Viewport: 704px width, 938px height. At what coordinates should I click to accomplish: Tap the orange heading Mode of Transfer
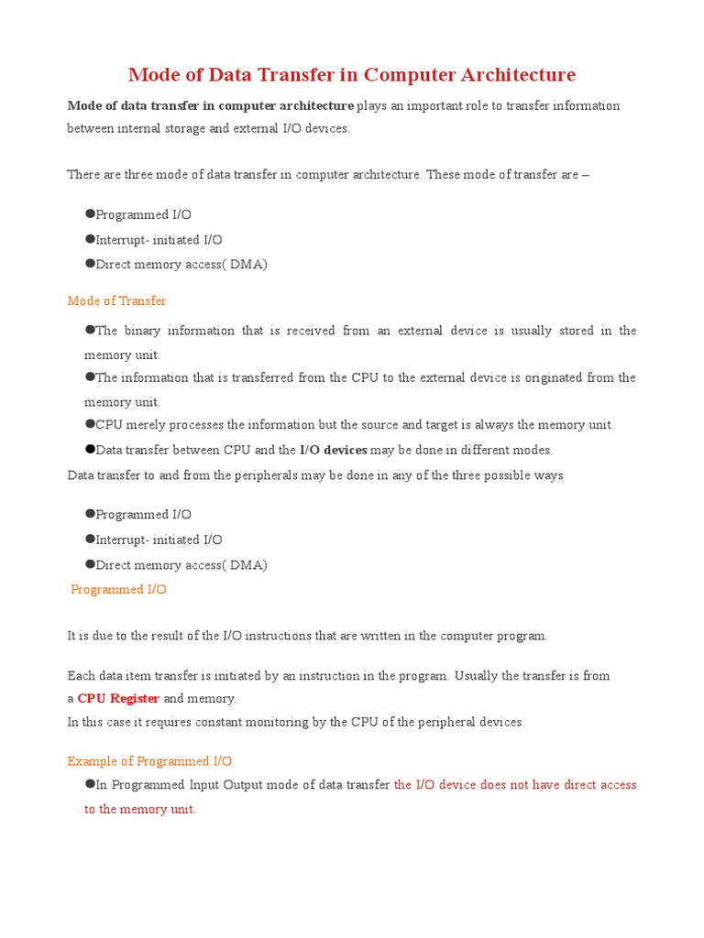tap(116, 300)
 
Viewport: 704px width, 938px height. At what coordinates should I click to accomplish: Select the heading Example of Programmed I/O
tap(149, 761)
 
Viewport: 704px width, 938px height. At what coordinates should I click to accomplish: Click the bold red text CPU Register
tap(118, 698)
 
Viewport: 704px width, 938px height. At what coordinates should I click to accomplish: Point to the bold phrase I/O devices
tap(334, 450)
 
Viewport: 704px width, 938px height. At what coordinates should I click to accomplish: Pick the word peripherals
tap(253, 475)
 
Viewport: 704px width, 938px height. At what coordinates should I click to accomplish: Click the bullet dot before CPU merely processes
tap(90, 424)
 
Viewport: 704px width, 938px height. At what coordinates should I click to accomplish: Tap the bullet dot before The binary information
tap(90, 330)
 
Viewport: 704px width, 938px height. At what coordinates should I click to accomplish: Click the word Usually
tap(478, 675)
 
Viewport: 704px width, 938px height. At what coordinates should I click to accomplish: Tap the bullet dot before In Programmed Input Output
tap(90, 784)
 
